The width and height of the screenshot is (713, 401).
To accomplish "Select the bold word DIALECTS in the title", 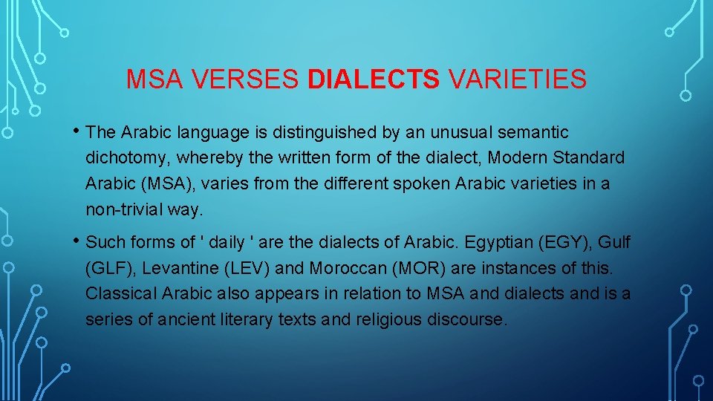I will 374,79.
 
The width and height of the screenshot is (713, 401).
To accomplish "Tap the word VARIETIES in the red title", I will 517,79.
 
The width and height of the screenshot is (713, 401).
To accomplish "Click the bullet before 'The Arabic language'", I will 77,131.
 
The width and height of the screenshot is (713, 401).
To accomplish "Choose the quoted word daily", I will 227,242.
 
